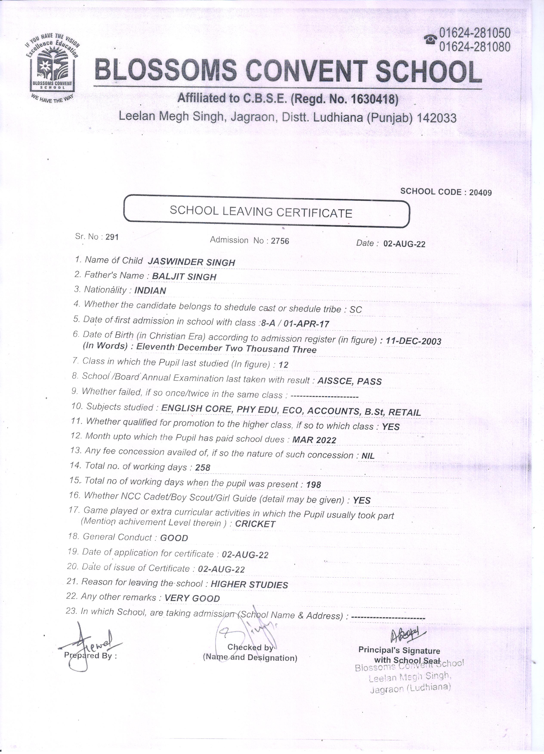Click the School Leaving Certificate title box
point(266,212)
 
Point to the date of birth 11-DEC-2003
point(413,341)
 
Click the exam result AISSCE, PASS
point(349,381)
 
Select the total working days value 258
point(203,468)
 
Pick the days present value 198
point(313,485)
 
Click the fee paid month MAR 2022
point(314,440)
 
